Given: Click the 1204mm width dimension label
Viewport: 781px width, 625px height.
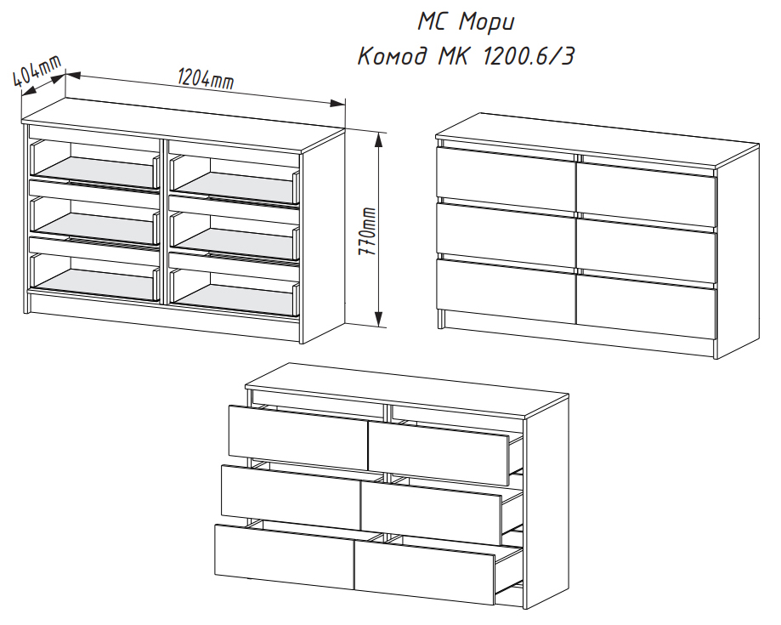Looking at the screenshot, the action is [x=206, y=79].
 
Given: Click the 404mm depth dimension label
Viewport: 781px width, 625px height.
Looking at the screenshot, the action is [x=37, y=71].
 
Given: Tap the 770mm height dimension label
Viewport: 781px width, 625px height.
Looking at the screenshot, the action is [x=368, y=231].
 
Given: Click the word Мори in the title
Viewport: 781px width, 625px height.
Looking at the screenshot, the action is [x=486, y=22].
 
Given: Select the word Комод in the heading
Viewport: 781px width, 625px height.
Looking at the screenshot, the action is [x=393, y=56].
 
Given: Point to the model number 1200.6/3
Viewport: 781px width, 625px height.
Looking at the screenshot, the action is [x=528, y=56].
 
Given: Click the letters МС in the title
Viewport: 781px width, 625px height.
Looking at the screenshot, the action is [x=431, y=21].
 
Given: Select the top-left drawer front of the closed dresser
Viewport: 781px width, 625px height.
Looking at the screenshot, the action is [x=506, y=173].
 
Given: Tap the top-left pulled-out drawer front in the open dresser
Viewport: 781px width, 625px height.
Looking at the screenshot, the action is [x=298, y=437].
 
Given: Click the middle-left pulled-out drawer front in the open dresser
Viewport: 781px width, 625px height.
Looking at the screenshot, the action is [x=291, y=497].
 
